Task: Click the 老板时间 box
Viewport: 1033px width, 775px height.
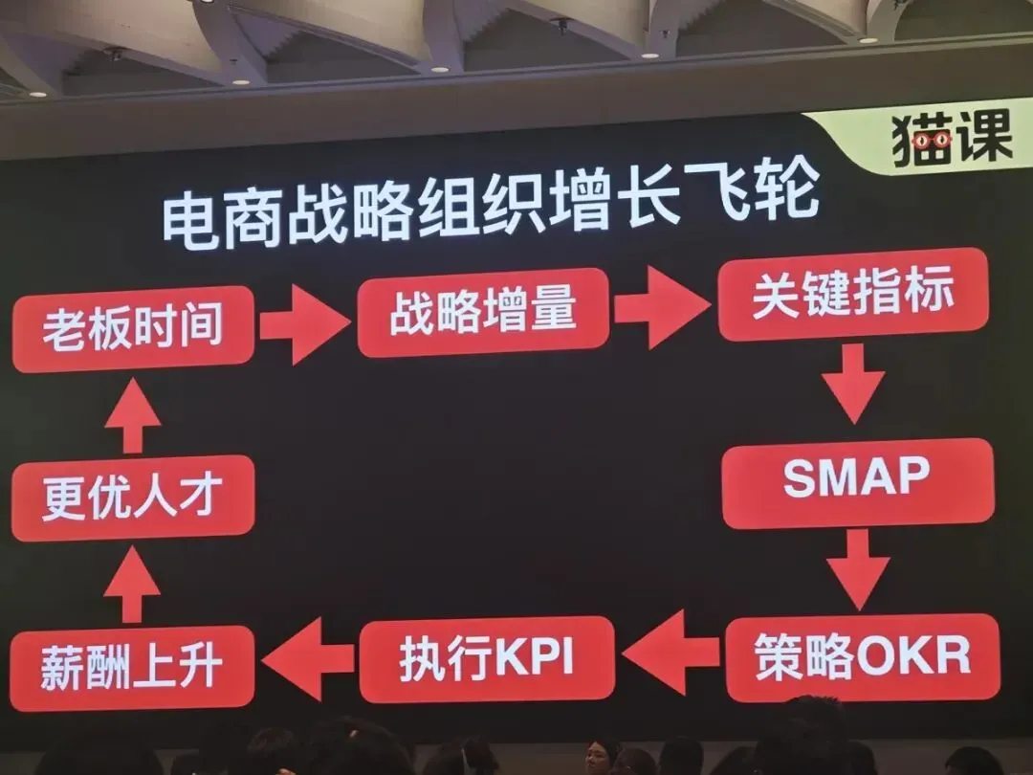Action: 134,327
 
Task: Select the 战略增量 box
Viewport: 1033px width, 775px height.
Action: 484,312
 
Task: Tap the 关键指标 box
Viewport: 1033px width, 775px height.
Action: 853,294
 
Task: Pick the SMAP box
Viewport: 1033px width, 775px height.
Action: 858,481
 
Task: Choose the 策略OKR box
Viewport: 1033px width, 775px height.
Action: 863,656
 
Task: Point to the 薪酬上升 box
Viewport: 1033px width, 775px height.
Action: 132,668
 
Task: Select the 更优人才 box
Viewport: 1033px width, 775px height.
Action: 132,498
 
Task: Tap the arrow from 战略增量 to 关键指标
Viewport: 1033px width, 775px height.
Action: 662,307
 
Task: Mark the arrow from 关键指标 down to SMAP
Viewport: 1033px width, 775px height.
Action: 853,383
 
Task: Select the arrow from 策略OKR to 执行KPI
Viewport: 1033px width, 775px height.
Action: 670,653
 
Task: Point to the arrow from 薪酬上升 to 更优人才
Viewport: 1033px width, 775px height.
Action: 132,584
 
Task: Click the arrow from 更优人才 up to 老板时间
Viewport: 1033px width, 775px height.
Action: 132,415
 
